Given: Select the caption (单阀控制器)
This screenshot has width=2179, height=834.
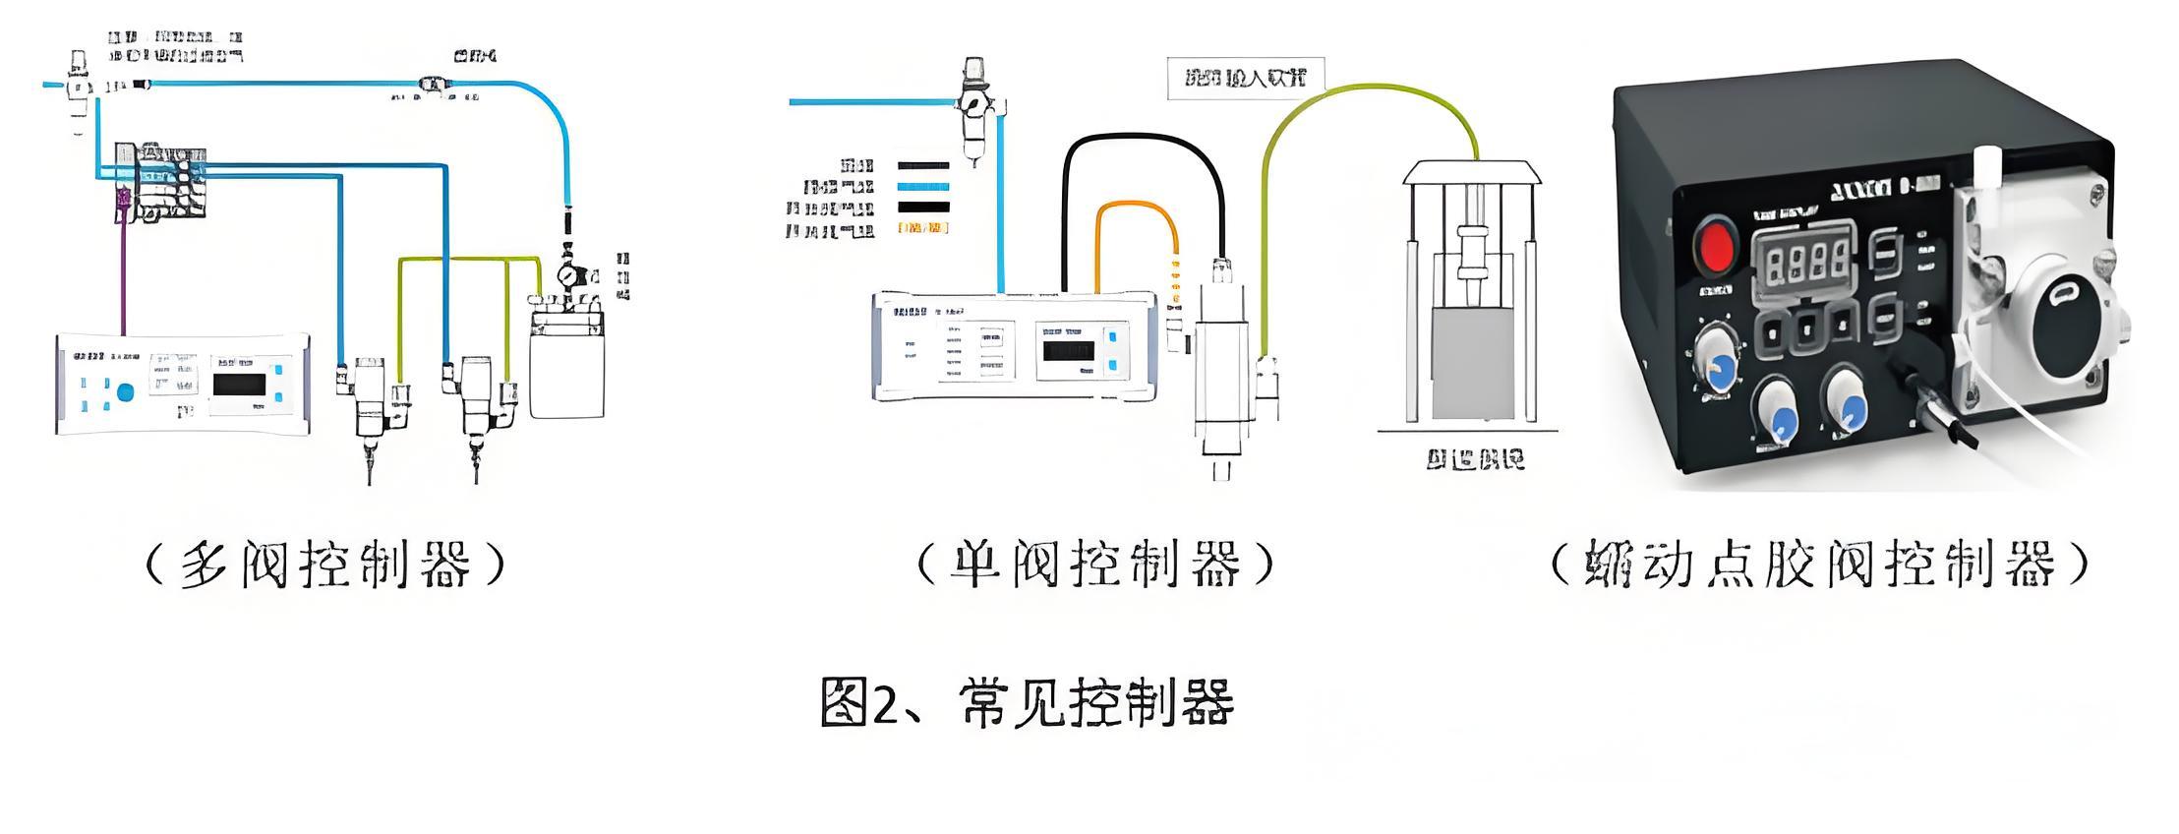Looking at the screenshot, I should [1095, 566].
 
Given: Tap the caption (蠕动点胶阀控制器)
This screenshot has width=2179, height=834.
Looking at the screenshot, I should [1819, 566].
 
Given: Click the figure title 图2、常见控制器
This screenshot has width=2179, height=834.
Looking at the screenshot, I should [1027, 702].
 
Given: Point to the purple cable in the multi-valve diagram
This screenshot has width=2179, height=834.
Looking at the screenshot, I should [123, 275].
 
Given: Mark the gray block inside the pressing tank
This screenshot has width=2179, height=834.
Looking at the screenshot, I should [1471, 364].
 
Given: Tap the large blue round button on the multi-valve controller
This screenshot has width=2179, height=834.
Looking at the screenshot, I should [125, 392].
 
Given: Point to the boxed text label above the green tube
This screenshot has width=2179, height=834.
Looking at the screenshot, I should [1246, 78].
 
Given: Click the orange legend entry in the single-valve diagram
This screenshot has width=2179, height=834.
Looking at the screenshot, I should [923, 228].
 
